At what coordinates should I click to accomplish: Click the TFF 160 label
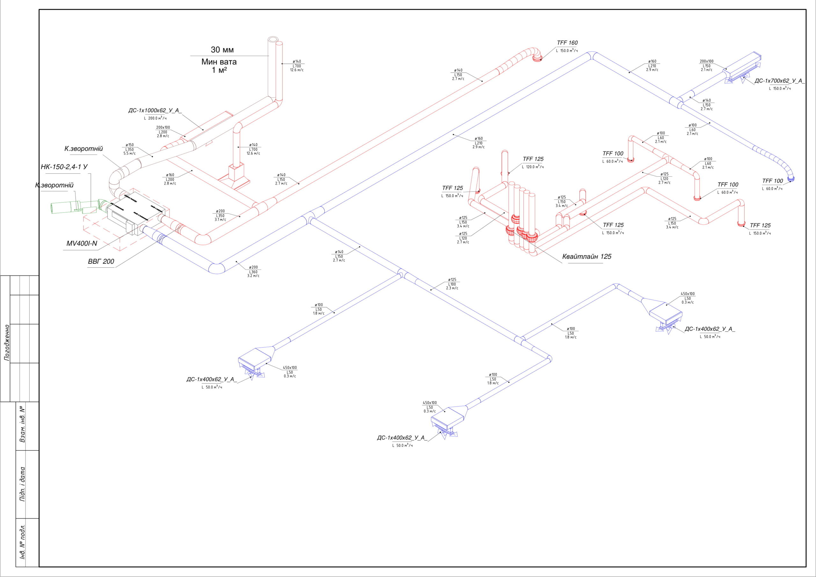point(567,43)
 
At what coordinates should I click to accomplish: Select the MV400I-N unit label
point(82,244)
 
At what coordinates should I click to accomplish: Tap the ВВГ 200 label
point(101,262)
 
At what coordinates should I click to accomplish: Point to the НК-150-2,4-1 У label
point(64,167)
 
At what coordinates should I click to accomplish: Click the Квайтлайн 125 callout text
point(587,257)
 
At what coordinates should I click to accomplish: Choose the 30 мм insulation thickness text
point(222,50)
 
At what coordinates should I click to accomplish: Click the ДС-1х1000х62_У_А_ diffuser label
point(155,111)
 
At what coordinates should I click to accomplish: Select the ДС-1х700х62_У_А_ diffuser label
point(779,81)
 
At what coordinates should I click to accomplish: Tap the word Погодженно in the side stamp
point(7,342)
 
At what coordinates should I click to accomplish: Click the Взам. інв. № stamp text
point(22,424)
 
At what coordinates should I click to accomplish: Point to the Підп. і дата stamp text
point(22,484)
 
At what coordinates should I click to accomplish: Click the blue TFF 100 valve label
point(772,181)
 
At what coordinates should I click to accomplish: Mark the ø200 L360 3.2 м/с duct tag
point(253,272)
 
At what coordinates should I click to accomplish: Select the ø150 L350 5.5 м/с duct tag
point(129,149)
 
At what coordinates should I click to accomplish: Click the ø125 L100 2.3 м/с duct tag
point(452,284)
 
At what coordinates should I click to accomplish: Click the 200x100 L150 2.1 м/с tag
point(707,66)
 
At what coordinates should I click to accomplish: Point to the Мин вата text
point(219,62)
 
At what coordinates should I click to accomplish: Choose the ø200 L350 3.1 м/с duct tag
point(220,215)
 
